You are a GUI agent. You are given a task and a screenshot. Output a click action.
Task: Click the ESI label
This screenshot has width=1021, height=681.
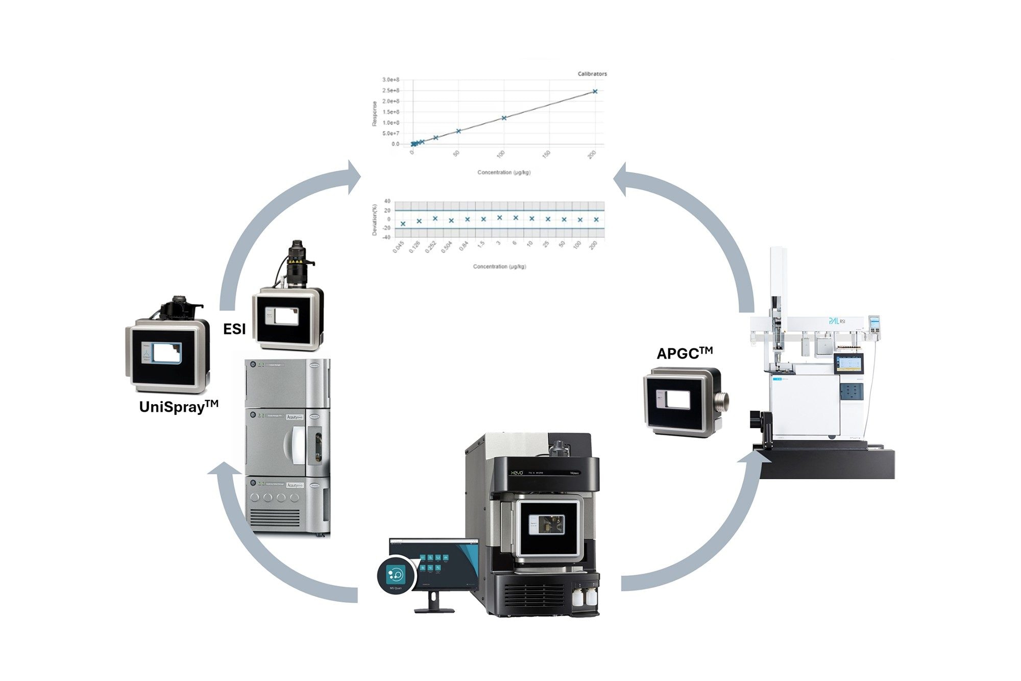(x=234, y=330)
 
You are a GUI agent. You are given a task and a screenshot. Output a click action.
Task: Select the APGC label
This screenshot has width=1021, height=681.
(x=684, y=353)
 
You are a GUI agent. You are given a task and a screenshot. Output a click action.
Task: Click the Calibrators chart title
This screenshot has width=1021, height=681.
(x=592, y=74)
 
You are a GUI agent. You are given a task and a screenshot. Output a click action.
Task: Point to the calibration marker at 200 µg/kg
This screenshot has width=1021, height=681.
(x=595, y=91)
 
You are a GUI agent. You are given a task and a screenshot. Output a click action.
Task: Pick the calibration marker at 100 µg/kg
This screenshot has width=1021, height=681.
(x=504, y=118)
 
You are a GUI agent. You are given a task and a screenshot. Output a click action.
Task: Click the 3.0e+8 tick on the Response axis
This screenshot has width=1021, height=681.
(x=391, y=80)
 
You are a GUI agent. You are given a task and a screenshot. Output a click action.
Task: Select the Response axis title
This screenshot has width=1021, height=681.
(x=374, y=113)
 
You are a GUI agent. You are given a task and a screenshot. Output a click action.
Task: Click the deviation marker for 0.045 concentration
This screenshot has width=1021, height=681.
(x=403, y=224)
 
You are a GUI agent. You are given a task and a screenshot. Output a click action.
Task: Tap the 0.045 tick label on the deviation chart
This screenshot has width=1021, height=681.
(x=398, y=248)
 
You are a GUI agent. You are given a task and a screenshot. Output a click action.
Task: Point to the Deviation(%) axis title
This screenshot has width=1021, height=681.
(x=374, y=220)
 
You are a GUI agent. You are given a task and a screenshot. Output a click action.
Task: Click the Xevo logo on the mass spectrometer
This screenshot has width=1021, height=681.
(x=522, y=473)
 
